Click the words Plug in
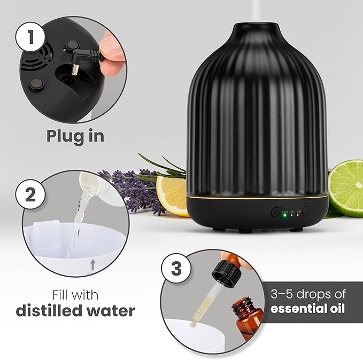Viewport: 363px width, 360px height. (75, 136)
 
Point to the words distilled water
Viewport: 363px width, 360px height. (75, 310)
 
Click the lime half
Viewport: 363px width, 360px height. (346, 187)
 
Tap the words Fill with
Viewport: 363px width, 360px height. (75, 294)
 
